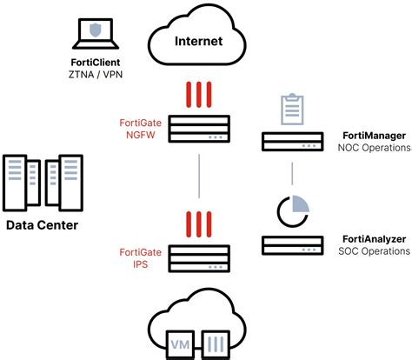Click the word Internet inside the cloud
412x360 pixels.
coord(199,40)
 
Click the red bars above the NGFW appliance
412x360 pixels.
coord(199,94)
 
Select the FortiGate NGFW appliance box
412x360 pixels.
coord(199,130)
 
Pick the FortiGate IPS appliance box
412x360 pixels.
coord(199,257)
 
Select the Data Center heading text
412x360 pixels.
coord(42,226)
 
